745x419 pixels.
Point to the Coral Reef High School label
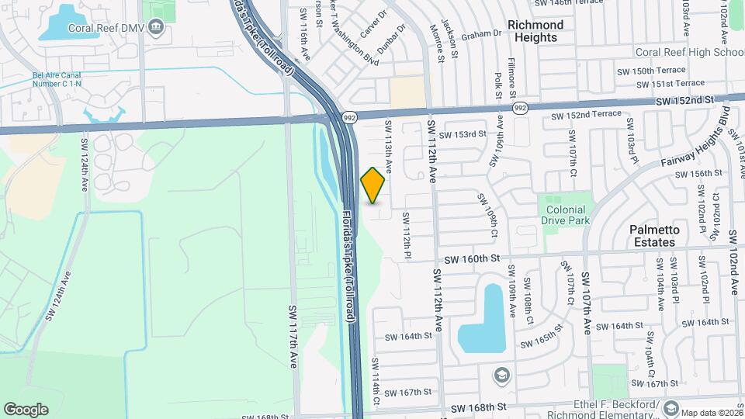pos(690,52)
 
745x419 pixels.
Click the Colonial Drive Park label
pos(567,214)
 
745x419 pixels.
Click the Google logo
pos(26,410)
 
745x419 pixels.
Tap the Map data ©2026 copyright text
pos(712,412)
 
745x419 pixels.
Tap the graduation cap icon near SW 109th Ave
pos(501,375)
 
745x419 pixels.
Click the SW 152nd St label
pos(684,101)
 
